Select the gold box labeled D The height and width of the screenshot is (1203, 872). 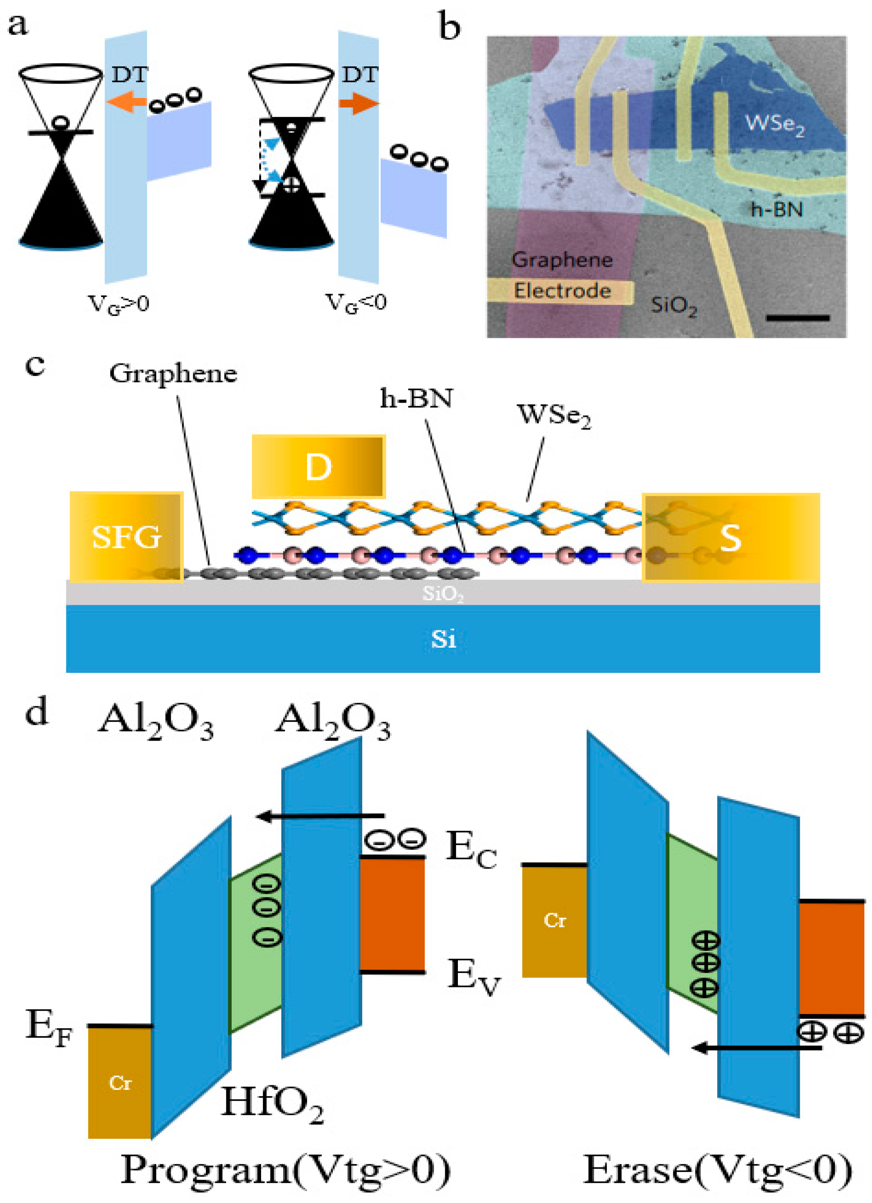[x=318, y=467]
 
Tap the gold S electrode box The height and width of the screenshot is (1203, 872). [x=730, y=537]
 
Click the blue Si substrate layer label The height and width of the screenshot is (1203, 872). [x=443, y=639]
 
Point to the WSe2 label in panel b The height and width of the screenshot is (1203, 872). [x=774, y=125]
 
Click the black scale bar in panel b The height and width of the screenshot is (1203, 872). [x=797, y=318]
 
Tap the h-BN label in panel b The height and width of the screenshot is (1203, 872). [x=776, y=210]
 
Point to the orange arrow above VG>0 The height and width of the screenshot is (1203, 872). [x=126, y=102]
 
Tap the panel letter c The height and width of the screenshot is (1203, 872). [x=35, y=366]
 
